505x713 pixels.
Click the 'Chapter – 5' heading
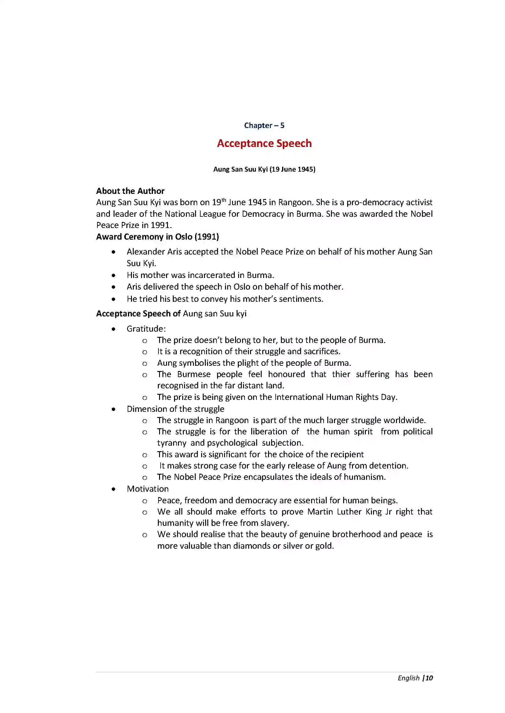click(264, 126)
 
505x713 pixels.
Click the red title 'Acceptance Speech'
click(264, 143)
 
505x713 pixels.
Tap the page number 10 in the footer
click(429, 678)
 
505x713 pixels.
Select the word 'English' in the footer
click(408, 678)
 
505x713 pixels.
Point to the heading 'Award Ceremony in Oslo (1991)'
click(157, 237)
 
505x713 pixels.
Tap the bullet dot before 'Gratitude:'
click(114, 329)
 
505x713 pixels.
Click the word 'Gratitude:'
click(146, 329)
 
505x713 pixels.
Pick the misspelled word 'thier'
click(341, 374)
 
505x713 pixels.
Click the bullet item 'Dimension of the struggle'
click(175, 409)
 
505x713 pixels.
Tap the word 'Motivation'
click(148, 489)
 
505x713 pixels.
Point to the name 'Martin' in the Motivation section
click(320, 512)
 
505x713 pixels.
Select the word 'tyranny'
click(171, 443)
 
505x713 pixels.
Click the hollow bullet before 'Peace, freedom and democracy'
click(145, 501)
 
